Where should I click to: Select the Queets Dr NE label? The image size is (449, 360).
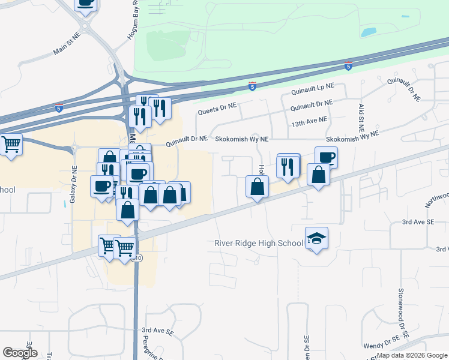click(x=217, y=110)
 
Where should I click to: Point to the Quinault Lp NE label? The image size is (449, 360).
click(x=312, y=90)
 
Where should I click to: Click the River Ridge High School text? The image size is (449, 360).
click(x=259, y=243)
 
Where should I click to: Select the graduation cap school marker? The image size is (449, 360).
click(x=316, y=239)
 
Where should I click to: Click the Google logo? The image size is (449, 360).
click(x=20, y=353)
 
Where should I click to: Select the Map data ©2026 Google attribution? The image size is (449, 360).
click(x=412, y=355)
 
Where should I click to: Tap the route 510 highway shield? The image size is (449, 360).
click(x=138, y=258)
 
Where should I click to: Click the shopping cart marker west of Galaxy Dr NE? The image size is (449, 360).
click(x=11, y=145)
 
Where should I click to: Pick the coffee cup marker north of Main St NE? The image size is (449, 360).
click(x=86, y=3)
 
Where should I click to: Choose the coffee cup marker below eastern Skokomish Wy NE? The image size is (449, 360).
click(x=326, y=157)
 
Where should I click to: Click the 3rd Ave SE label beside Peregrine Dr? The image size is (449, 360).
click(x=157, y=331)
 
